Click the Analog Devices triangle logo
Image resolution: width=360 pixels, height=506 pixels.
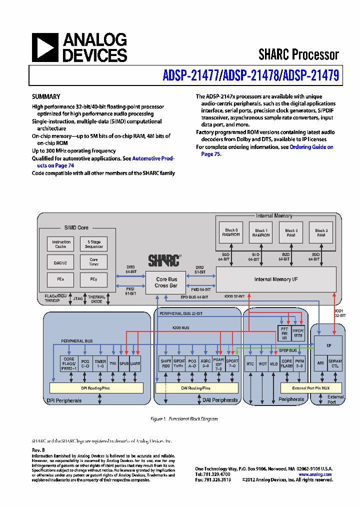(45, 48)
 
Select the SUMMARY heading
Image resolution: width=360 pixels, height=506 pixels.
(46, 96)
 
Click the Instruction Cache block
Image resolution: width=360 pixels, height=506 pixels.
(61, 244)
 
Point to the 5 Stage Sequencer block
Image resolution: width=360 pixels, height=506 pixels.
(94, 244)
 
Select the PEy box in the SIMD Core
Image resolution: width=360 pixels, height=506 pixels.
(94, 278)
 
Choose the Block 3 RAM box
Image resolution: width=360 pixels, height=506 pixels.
(321, 232)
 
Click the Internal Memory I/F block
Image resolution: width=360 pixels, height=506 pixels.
(276, 279)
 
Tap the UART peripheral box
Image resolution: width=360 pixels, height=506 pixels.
(135, 363)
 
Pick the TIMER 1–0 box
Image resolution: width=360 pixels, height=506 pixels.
(100, 363)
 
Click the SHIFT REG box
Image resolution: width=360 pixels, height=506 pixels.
(165, 363)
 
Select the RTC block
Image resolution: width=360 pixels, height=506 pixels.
(250, 363)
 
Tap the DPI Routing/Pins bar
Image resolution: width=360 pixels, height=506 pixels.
(96, 387)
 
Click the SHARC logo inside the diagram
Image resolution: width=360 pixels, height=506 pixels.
(164, 260)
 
